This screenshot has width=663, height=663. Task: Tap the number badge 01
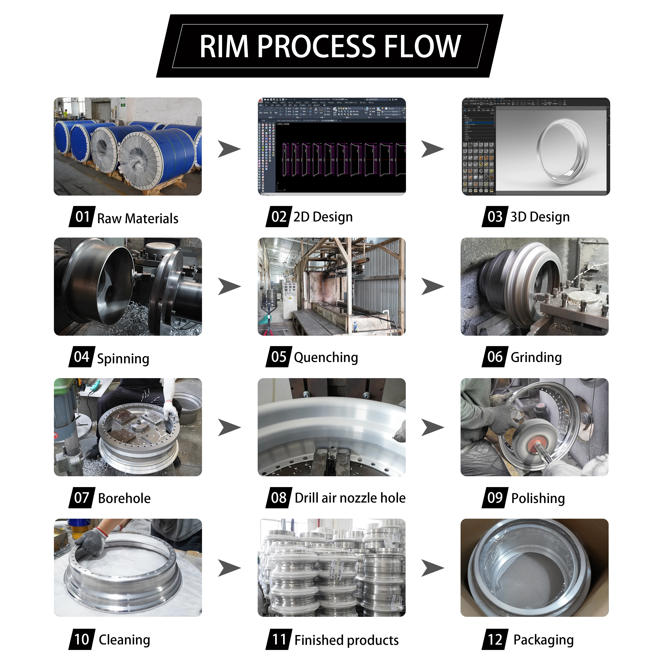82,217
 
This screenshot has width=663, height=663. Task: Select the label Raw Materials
138,219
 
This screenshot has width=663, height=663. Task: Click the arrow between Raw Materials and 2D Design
229,149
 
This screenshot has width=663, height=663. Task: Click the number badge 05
279,357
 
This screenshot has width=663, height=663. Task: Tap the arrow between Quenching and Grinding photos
432,287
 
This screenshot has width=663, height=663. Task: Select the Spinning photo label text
123,359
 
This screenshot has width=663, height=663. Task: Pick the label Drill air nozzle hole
350,498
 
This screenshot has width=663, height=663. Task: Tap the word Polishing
538,498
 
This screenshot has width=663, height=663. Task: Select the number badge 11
279,639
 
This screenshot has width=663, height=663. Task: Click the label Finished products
347,640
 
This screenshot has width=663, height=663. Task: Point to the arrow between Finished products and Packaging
432,568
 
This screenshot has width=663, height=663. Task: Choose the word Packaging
543,640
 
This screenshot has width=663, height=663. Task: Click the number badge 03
495,217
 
